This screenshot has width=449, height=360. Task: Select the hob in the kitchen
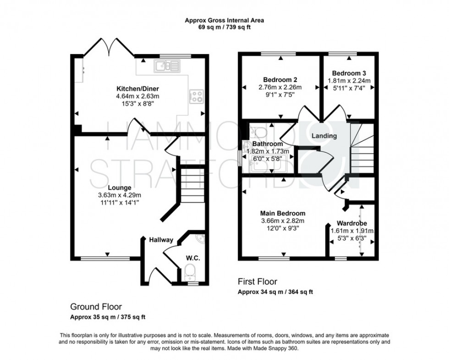point(197,96)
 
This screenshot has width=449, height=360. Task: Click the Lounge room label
point(120,187)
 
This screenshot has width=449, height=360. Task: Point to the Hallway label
point(161,240)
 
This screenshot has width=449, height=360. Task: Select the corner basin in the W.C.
point(198,239)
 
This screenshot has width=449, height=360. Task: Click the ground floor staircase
point(191,183)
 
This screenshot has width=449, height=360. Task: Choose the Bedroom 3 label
point(349,73)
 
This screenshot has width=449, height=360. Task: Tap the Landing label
point(324,136)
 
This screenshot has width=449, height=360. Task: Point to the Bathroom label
point(268,143)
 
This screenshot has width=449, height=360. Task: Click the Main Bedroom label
point(282,213)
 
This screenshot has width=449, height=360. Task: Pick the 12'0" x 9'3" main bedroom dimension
point(282,229)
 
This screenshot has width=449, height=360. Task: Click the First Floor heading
point(257,281)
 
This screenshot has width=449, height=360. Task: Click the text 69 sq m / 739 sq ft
point(224,27)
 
